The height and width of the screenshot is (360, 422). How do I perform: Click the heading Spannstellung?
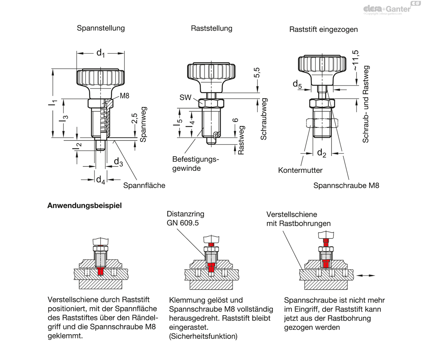pyautogui.click(x=101, y=28)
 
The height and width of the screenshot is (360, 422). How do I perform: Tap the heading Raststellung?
pyautogui.click(x=211, y=28)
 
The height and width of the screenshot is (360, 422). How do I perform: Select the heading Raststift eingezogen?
pyautogui.click(x=324, y=30)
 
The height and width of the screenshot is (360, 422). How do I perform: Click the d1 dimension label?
pyautogui.click(x=101, y=53)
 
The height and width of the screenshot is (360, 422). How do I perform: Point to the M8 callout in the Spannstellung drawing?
pyautogui.click(x=124, y=96)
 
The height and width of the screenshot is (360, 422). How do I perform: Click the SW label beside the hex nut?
pyautogui.click(x=185, y=97)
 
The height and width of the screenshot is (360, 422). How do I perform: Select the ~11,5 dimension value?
pyautogui.click(x=355, y=60)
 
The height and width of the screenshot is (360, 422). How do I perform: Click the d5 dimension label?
pyautogui.click(x=297, y=84)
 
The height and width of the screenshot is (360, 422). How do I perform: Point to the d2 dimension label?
pyautogui.click(x=321, y=153)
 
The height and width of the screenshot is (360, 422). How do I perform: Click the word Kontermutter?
pyautogui.click(x=300, y=170)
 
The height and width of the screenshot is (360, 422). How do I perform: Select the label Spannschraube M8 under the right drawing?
pyautogui.click(x=346, y=185)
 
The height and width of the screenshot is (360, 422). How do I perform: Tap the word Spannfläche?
pyautogui.click(x=144, y=185)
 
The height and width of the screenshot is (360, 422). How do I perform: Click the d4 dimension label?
pyautogui.click(x=101, y=180)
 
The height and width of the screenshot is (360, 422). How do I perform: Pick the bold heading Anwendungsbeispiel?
pyautogui.click(x=84, y=206)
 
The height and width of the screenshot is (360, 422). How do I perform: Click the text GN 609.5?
pyautogui.click(x=183, y=223)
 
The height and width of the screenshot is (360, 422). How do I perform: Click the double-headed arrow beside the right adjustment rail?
pyautogui.click(x=366, y=276)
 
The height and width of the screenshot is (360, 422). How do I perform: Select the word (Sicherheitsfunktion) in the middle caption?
pyautogui.click(x=203, y=336)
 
